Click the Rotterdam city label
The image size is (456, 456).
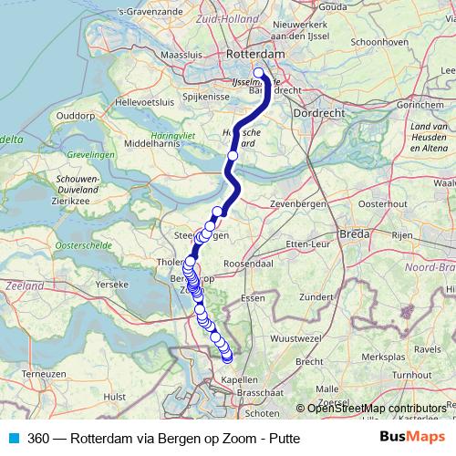click(255, 55)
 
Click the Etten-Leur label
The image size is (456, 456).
click(306, 245)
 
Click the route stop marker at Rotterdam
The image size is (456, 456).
click(258, 73)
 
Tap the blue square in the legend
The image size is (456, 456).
click(13, 438)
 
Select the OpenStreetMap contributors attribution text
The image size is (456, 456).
click(376, 409)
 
